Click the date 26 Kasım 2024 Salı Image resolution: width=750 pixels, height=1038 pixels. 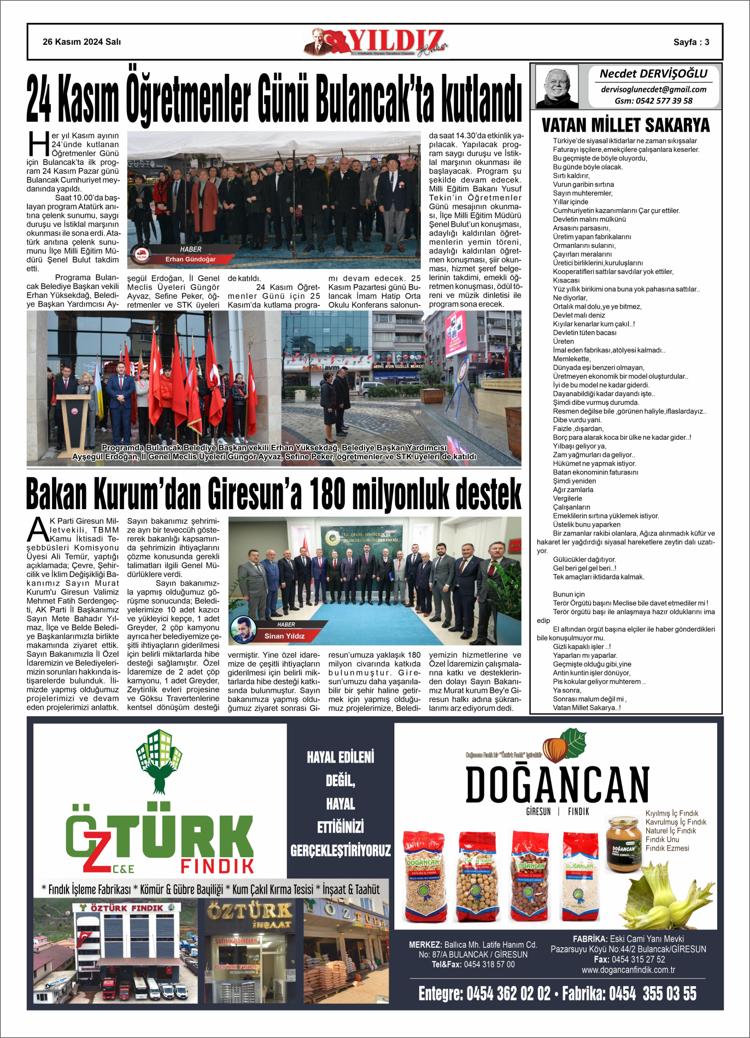click(82, 42)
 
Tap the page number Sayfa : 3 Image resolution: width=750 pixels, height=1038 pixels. click(691, 42)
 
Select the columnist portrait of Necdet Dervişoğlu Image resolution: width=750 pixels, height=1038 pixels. click(556, 86)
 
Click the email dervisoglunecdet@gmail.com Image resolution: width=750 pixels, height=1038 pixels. click(653, 89)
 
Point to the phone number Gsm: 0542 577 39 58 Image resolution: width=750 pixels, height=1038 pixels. click(653, 101)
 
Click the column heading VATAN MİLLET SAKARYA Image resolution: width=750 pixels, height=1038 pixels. click(625, 125)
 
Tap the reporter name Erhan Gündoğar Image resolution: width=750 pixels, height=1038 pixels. click(191, 259)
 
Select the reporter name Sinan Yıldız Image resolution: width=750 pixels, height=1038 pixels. click(284, 636)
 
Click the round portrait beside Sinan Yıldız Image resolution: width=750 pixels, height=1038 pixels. click(243, 630)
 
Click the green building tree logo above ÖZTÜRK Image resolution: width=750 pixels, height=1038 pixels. click(159, 760)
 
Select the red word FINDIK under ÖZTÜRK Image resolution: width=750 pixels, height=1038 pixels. click(218, 866)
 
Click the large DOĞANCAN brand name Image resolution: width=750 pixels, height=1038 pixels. click(557, 785)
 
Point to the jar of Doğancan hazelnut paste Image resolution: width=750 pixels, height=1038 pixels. click(623, 844)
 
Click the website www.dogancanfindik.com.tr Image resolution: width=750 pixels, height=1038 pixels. click(628, 970)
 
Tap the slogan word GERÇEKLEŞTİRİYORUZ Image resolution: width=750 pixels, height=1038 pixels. click(341, 850)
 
